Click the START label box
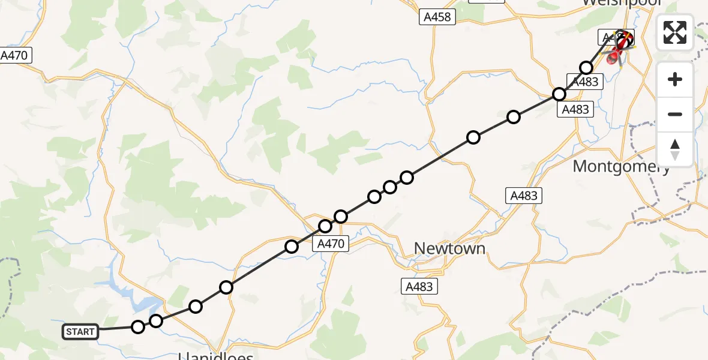coord(80,332)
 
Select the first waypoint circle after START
coord(138,327)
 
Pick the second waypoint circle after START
coord(156,321)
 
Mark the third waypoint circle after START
coord(196,307)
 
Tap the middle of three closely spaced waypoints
coord(390,187)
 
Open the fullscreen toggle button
coord(675,32)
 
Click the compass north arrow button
coord(675,149)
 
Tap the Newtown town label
coord(449,248)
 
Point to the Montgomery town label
coord(621,166)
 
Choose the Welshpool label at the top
coord(621,4)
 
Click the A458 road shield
coord(437,17)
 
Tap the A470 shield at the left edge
coord(14,56)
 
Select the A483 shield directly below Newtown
coord(419,286)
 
